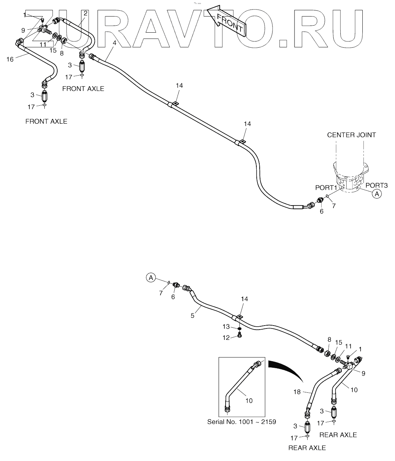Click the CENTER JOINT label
pos(351,135)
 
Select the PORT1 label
pos(326,188)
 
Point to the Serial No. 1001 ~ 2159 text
pos(241,422)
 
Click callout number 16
pos(10,59)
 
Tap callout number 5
pos(192,315)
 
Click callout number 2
pos(85,13)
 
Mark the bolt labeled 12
pos(239,335)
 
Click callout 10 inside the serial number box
pos(249,400)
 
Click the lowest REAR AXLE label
pos(307,447)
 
